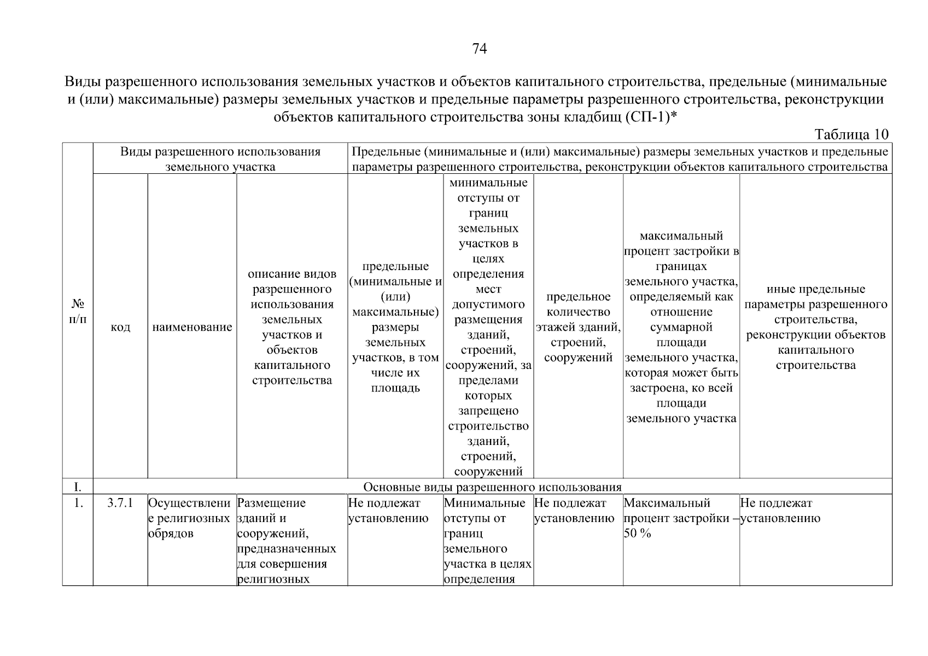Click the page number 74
point(479,49)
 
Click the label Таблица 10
point(851,134)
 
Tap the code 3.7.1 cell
point(120,503)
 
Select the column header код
point(120,327)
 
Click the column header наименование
point(192,327)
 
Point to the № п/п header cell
point(78,311)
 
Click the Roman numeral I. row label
point(78,487)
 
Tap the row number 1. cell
point(78,503)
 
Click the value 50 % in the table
point(638,534)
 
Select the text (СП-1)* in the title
point(651,117)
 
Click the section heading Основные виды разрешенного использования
point(492,487)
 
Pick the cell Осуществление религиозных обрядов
point(189,518)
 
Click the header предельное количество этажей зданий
point(578,327)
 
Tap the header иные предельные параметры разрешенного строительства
point(815,327)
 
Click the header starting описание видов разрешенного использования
point(292,327)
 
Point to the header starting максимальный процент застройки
point(681,327)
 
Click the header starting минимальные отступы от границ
point(488,327)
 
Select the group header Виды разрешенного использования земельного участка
point(220,159)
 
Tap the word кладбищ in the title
point(593,117)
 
